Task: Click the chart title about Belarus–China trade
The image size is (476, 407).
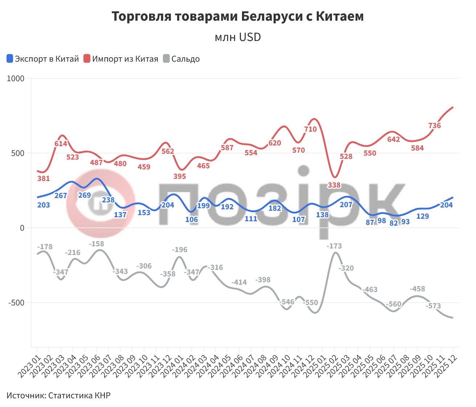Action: (x=238, y=17)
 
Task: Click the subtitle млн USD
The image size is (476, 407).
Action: (x=238, y=37)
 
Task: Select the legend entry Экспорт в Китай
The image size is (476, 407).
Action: (x=43, y=59)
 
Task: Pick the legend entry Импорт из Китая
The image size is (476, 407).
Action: (x=121, y=59)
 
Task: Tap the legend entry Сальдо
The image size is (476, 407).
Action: (x=181, y=59)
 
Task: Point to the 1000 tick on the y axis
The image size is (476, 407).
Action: (x=16, y=79)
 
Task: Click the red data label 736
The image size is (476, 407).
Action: (x=434, y=126)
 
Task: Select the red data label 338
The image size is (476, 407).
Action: (x=334, y=185)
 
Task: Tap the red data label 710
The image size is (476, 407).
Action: (x=311, y=129)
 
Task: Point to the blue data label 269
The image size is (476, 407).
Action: (x=85, y=195)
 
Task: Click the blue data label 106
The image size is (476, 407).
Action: (x=192, y=219)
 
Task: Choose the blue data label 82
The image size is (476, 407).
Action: (x=394, y=223)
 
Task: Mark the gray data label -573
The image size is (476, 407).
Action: (x=433, y=306)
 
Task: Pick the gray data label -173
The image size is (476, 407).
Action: (x=334, y=246)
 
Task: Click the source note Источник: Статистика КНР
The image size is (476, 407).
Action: (x=58, y=395)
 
